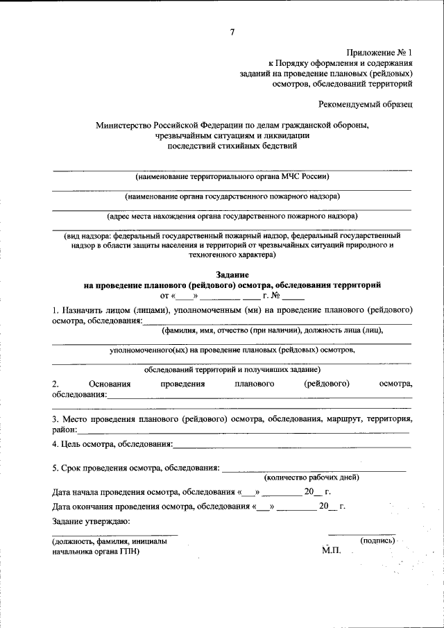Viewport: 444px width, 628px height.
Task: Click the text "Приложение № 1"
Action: (x=380, y=53)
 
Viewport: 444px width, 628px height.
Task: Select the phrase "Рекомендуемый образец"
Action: (x=366, y=104)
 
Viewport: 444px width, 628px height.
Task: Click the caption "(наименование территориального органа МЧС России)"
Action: (x=232, y=176)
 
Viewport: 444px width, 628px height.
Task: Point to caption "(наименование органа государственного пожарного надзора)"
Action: (x=232, y=196)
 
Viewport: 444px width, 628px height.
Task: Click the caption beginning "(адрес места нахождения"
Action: (x=232, y=217)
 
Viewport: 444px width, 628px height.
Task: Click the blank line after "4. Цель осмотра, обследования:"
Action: (x=291, y=445)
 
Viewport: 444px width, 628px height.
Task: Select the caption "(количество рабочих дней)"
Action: (x=311, y=477)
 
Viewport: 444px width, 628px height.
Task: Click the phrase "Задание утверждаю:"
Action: (x=91, y=521)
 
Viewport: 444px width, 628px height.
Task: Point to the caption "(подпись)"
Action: (x=377, y=540)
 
